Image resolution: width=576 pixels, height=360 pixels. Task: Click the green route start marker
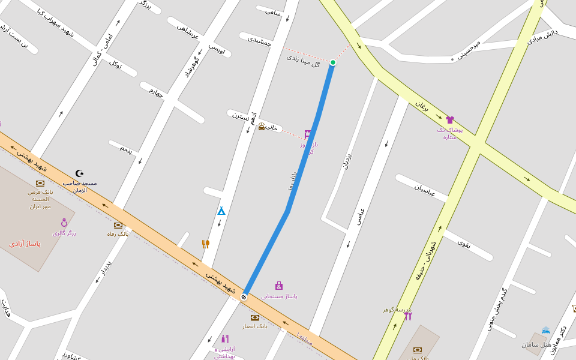[x=333, y=62]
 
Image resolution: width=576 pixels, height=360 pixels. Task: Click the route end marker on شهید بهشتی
[x=244, y=296]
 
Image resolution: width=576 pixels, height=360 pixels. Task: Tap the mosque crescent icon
[x=79, y=173]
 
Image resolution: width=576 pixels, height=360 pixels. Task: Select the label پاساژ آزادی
[x=25, y=244]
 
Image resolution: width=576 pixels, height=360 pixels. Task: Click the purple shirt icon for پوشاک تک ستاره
[x=450, y=120]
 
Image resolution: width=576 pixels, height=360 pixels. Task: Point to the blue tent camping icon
[x=221, y=211]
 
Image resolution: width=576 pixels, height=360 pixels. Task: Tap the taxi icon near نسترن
[x=262, y=127]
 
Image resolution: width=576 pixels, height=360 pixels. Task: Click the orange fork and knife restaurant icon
[x=206, y=244]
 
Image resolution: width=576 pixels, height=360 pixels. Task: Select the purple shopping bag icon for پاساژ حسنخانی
[x=279, y=286]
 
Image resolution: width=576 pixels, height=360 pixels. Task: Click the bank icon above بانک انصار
[x=255, y=317]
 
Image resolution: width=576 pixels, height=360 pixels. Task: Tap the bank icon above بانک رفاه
[x=118, y=225]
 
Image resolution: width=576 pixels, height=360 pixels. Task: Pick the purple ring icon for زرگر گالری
[x=64, y=223]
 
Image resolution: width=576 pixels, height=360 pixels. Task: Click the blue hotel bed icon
[x=546, y=331]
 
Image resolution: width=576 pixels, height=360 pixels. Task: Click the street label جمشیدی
[x=260, y=40]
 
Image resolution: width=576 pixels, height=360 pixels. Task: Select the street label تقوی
[x=464, y=243]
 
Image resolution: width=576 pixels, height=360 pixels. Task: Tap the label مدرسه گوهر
[x=397, y=310]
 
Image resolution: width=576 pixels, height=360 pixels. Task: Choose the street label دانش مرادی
[x=542, y=37]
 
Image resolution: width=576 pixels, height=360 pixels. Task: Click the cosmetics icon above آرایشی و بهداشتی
[x=225, y=339]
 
